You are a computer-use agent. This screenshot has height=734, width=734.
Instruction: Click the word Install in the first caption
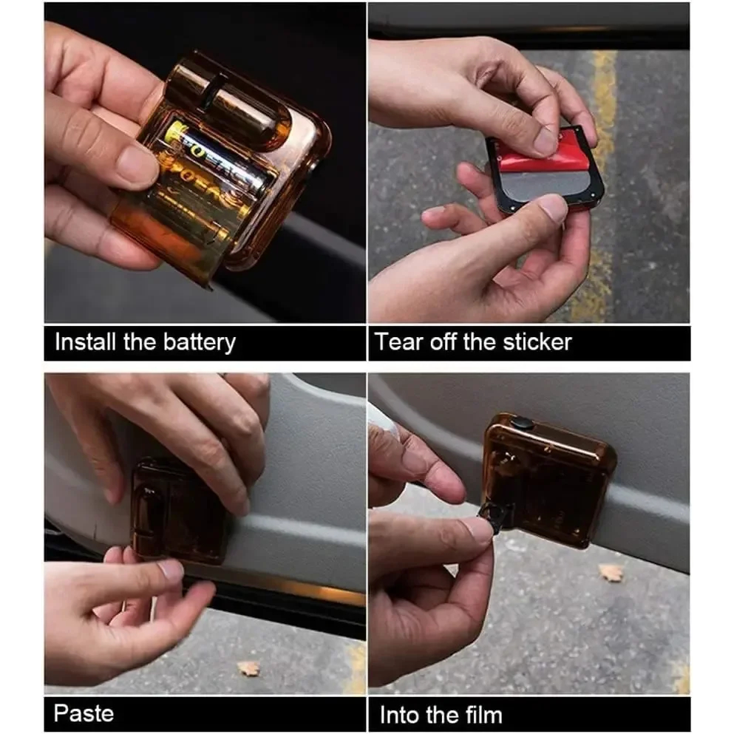tap(85, 341)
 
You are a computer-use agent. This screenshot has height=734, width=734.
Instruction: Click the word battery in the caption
tap(200, 343)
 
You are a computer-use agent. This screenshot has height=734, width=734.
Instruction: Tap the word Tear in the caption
tap(398, 341)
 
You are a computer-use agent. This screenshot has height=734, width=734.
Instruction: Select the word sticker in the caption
tap(537, 341)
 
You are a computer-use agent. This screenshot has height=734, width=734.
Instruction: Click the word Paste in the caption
tap(84, 713)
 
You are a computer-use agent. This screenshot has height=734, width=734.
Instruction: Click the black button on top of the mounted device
tap(521, 424)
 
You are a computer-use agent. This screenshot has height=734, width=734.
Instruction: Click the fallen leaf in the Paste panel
tap(248, 668)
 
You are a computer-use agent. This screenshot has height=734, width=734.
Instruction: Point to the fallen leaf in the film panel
tap(612, 573)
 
